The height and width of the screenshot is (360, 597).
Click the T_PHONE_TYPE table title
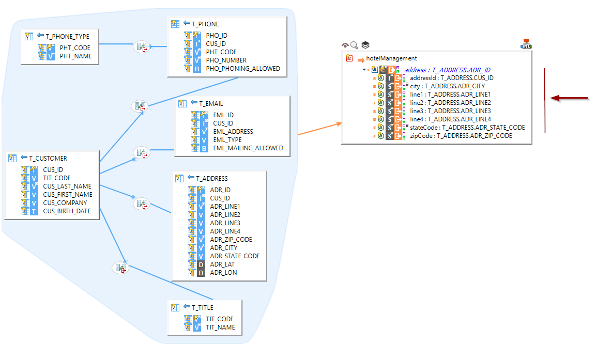pos(67,37)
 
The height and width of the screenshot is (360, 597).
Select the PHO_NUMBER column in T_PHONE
pos(226,60)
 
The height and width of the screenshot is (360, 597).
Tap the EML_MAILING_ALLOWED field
pos(248,148)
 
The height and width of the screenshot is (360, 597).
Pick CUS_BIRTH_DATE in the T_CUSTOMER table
pos(67,211)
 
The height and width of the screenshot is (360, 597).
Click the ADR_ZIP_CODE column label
pos(231,239)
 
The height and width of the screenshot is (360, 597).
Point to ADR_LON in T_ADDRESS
pos(223,273)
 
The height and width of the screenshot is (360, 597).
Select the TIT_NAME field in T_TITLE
pos(220,327)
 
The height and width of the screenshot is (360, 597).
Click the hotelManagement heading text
pos(391,58)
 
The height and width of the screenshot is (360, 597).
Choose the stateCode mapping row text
pos(468,128)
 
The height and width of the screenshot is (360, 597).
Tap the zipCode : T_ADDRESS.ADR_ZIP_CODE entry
pos(461,136)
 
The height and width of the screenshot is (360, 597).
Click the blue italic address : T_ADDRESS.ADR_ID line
pos(448,70)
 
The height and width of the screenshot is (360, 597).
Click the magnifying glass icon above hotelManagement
pos(355,45)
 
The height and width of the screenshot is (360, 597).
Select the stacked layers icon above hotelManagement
pos(365,45)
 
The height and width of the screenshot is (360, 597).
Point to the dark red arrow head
pos(555,98)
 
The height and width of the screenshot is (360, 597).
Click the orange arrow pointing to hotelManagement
pos(320,129)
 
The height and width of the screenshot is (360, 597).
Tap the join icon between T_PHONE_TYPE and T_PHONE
pos(142,47)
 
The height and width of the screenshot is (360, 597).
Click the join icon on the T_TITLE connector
pos(121,268)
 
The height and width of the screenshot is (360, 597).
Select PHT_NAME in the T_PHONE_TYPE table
pos(76,56)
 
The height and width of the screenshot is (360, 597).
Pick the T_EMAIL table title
pos(211,103)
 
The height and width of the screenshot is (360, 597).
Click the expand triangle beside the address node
pos(364,70)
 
